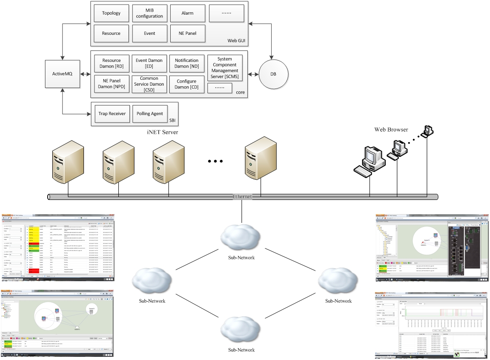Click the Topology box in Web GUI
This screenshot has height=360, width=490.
coord(111,13)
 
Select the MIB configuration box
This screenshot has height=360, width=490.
coord(149,13)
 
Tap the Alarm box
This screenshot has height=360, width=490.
coord(187,13)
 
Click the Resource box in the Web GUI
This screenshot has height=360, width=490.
coord(111,33)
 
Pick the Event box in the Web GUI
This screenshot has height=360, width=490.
coord(149,33)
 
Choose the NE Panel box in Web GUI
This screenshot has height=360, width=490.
coord(187,33)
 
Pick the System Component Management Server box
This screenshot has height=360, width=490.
coord(225,68)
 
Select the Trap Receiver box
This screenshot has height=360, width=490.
coord(111,114)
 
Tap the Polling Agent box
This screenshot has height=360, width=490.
coord(150,114)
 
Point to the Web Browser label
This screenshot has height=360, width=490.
coord(391,130)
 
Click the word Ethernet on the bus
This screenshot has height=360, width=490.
coord(242,197)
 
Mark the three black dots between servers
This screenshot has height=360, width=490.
coord(215,161)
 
